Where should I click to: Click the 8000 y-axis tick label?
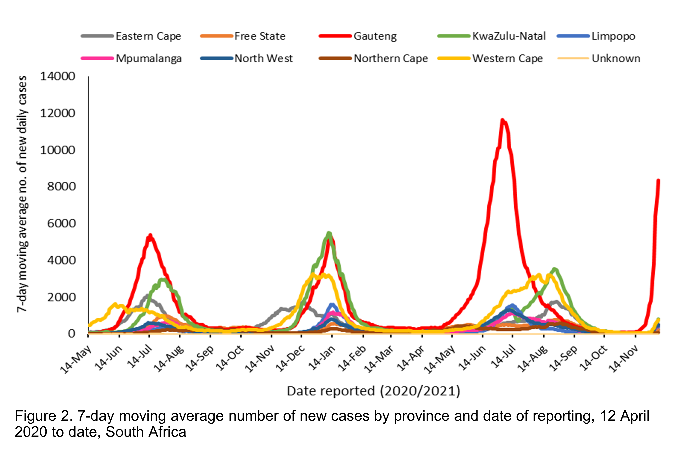click(x=61, y=187)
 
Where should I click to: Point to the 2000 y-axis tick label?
click(x=61, y=297)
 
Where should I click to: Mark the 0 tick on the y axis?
click(x=71, y=334)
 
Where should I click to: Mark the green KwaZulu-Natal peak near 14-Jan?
click(x=329, y=233)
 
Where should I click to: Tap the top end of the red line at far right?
click(x=658, y=181)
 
